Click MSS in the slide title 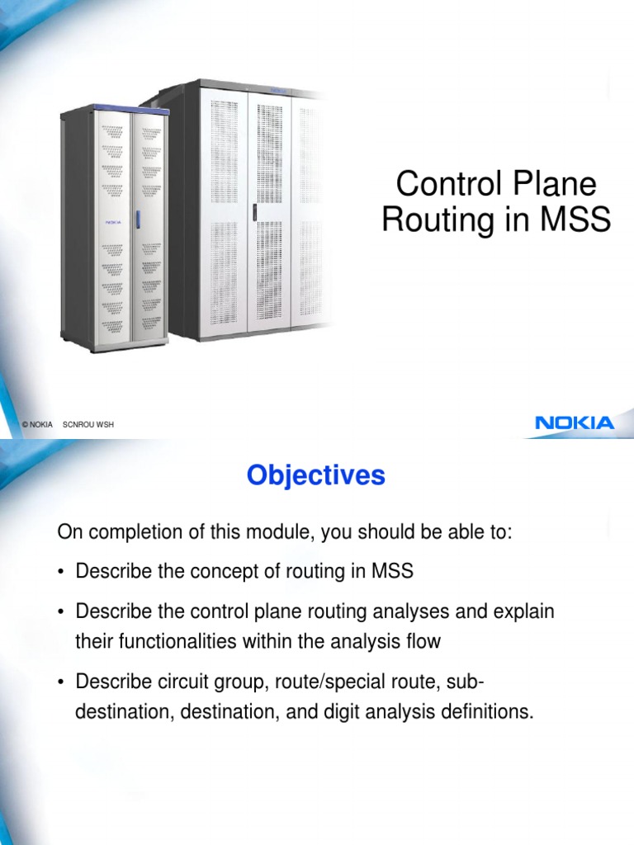coord(575,220)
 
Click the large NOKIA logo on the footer coord(575,423)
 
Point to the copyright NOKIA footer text coord(38,424)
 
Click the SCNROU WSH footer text coord(88,424)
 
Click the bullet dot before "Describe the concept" coord(63,571)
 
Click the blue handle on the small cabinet coord(139,220)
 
